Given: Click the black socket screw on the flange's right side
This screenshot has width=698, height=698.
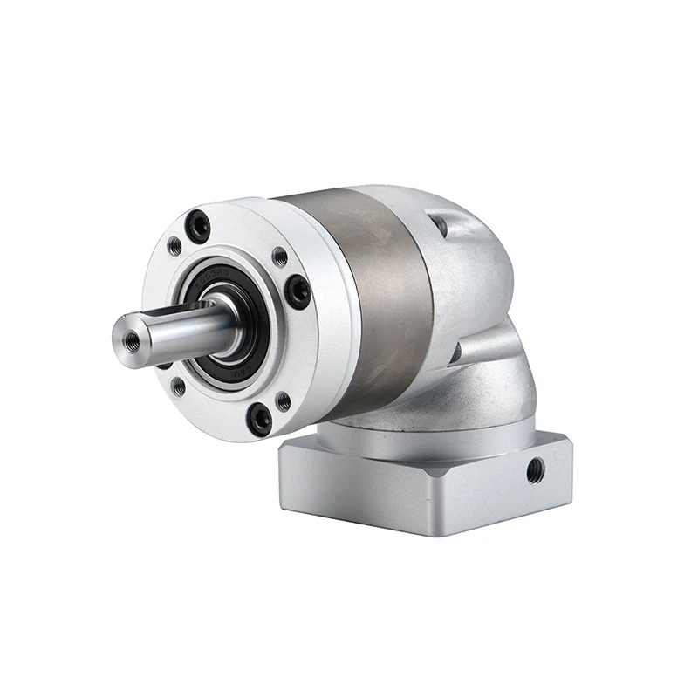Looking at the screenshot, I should [x=298, y=290].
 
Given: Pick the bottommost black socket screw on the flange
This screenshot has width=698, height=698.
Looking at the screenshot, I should [x=259, y=420].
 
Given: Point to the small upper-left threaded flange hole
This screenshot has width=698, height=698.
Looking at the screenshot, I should [x=174, y=247].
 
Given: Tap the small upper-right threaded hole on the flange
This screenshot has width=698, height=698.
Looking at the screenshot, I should [x=279, y=257].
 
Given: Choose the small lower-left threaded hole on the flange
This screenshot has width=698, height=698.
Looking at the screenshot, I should [x=178, y=385].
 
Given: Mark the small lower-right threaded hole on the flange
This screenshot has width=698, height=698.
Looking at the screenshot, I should [x=282, y=401].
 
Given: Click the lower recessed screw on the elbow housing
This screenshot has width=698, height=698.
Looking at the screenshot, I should [x=455, y=352].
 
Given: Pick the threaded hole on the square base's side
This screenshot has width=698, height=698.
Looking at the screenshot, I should [x=535, y=472].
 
